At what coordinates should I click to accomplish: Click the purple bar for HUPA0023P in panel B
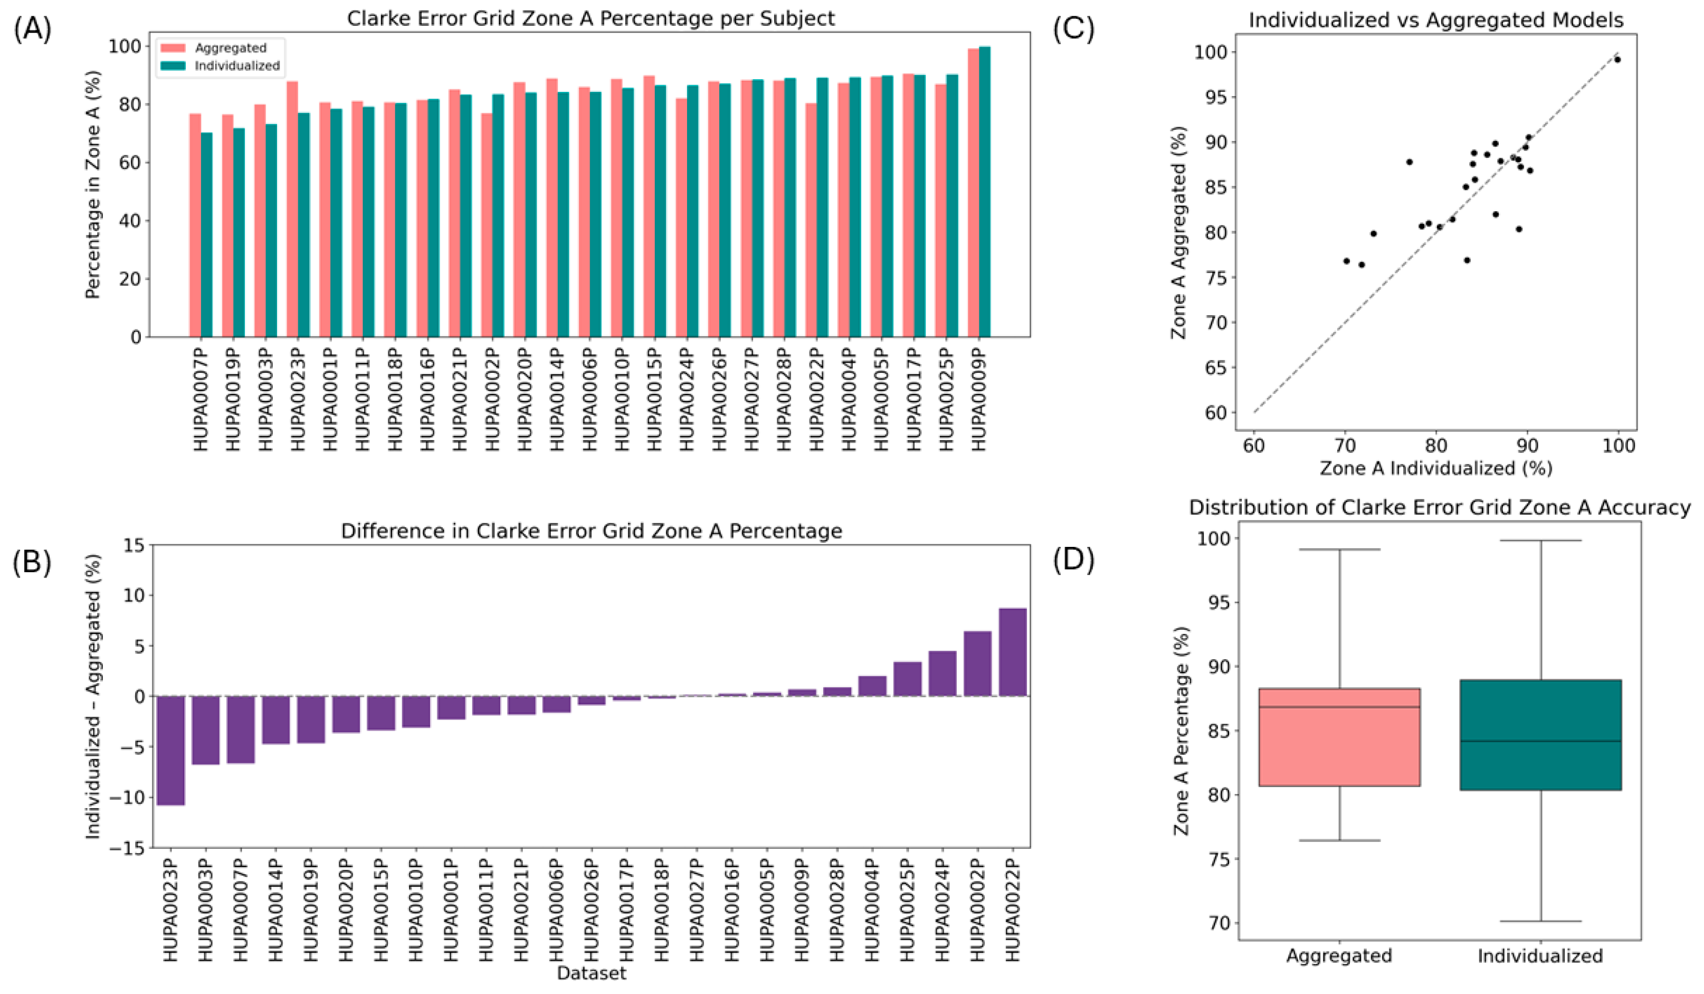click(170, 750)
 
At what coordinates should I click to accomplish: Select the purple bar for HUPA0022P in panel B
click(1012, 652)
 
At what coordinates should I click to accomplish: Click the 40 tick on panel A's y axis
click(129, 221)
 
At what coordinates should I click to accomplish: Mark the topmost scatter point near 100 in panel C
click(1617, 60)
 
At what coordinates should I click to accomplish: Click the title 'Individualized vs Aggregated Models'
click(1435, 20)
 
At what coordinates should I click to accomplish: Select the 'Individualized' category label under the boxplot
click(1540, 956)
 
